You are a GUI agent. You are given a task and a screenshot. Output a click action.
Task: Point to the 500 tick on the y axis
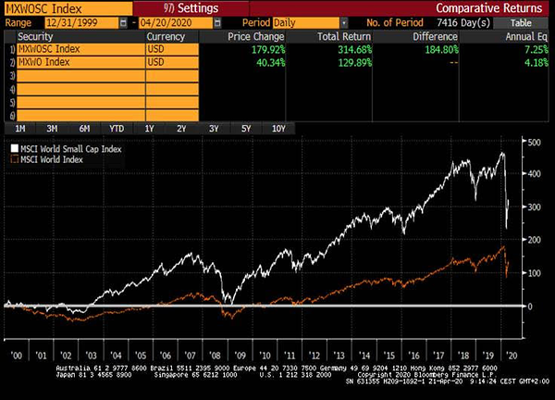point(531,142)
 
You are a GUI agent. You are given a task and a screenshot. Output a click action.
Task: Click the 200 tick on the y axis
point(531,240)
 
